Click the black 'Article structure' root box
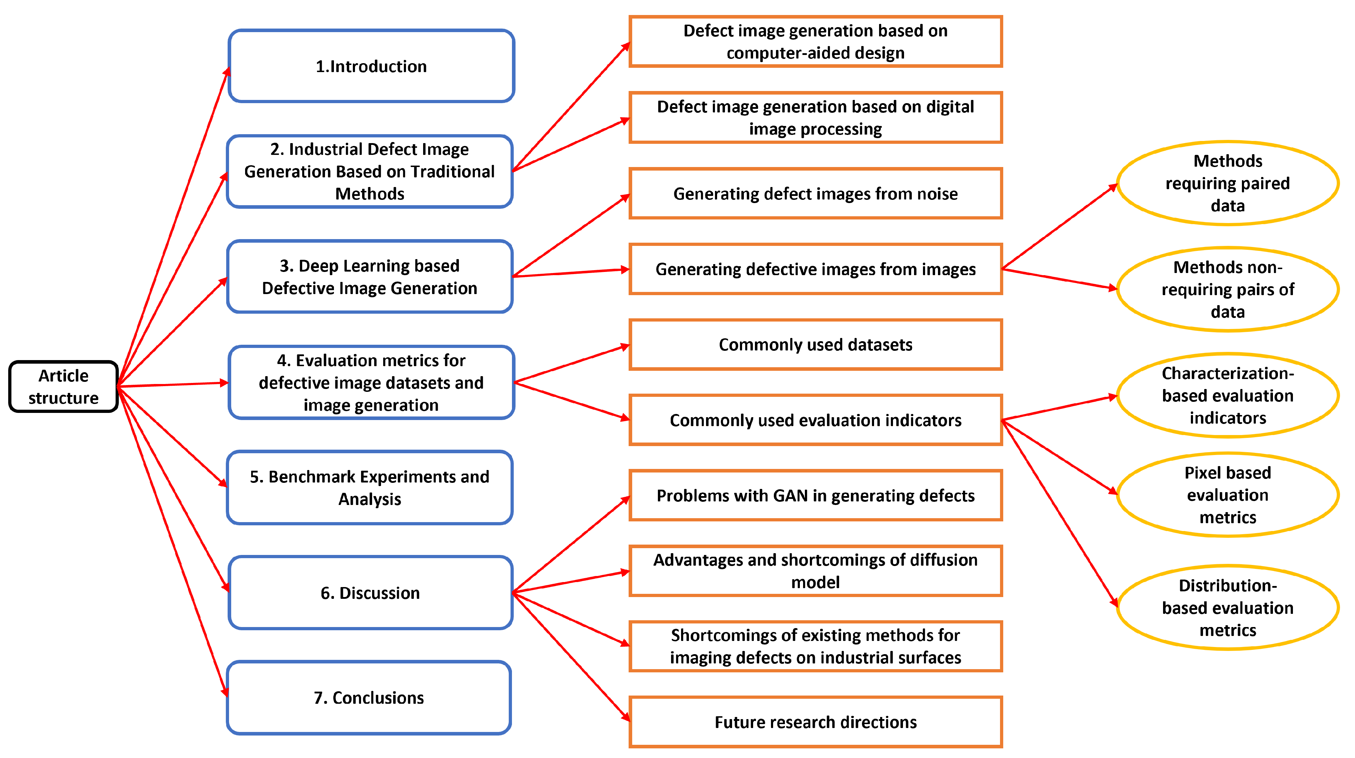[x=63, y=386]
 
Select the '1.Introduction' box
[x=371, y=66]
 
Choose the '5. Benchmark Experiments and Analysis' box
[x=369, y=487]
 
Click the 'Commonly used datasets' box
[x=815, y=344]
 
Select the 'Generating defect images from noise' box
[x=815, y=193]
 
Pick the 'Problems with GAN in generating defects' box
[x=815, y=495]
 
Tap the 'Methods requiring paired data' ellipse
[x=1227, y=183]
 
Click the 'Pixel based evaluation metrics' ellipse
[x=1227, y=495]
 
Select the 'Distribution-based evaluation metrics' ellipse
[x=1227, y=607]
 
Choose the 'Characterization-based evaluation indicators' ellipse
[x=1227, y=395]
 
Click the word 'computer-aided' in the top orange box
[x=782, y=53]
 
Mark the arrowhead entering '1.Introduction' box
[x=227, y=72]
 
